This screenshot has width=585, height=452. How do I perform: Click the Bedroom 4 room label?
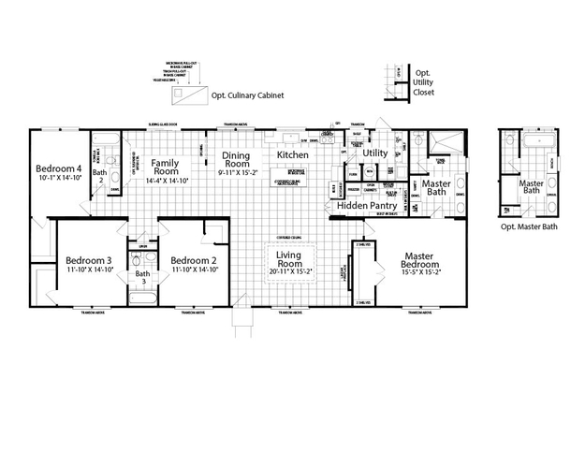(59, 169)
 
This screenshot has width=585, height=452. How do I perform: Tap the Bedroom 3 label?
(89, 260)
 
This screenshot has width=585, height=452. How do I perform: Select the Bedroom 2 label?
(195, 260)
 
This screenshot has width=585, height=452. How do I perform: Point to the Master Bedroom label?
(431, 259)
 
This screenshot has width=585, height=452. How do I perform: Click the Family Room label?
(166, 167)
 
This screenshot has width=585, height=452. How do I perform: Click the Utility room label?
(375, 153)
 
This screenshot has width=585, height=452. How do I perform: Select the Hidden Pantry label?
(367, 205)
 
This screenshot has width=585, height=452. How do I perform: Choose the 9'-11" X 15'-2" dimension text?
(234, 173)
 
